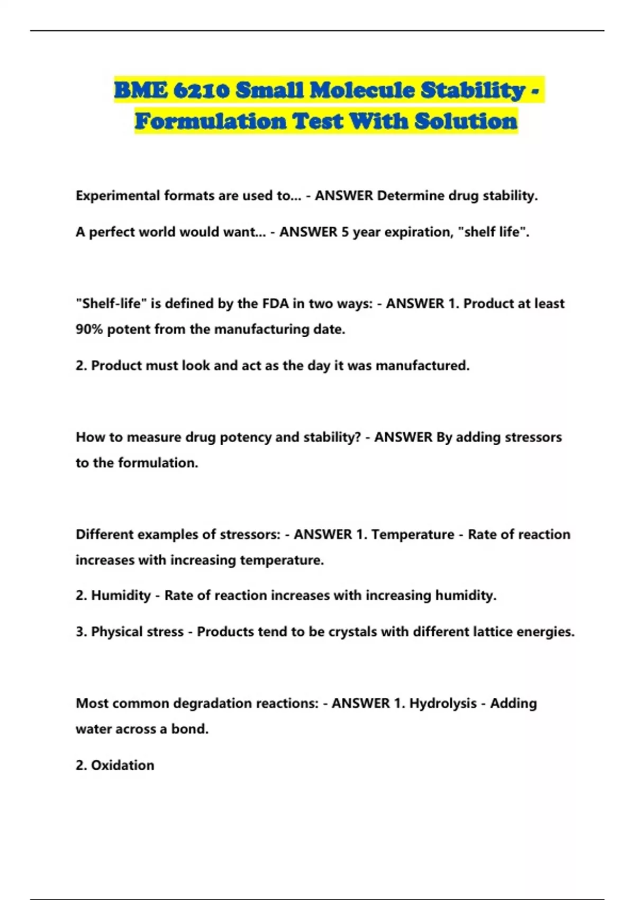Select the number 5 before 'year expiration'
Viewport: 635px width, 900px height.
coord(344,232)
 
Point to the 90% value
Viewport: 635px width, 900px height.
coord(89,330)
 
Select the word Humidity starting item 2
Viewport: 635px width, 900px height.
coord(121,596)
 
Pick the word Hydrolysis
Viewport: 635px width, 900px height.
coord(443,704)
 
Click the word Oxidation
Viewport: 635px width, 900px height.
coord(123,766)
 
